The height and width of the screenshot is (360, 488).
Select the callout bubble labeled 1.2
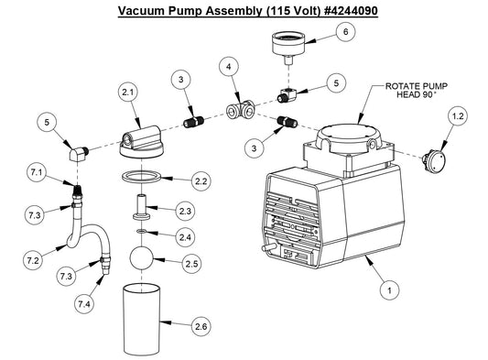[x=457, y=115]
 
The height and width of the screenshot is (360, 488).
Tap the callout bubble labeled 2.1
[x=127, y=93]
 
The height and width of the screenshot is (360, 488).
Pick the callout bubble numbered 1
[x=389, y=290]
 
